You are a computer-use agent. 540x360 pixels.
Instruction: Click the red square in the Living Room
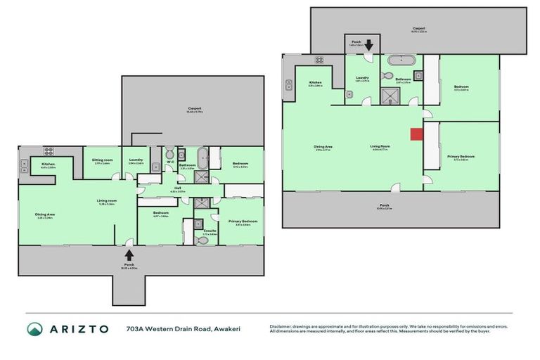tap(416, 134)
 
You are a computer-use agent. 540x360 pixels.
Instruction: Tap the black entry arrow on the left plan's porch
tap(129, 255)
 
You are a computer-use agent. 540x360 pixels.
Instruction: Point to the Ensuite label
tap(210, 230)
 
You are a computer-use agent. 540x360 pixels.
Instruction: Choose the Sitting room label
tap(103, 160)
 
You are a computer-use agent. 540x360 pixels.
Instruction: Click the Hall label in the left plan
tap(175, 188)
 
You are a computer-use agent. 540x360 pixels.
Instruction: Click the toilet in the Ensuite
tap(202, 240)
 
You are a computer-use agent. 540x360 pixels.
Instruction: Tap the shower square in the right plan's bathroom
tap(390, 95)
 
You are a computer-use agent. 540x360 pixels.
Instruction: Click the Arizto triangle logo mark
tap(35, 329)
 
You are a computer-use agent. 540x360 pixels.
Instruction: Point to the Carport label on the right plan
tap(418, 29)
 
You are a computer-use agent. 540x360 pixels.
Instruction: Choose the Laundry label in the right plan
tap(363, 77)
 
